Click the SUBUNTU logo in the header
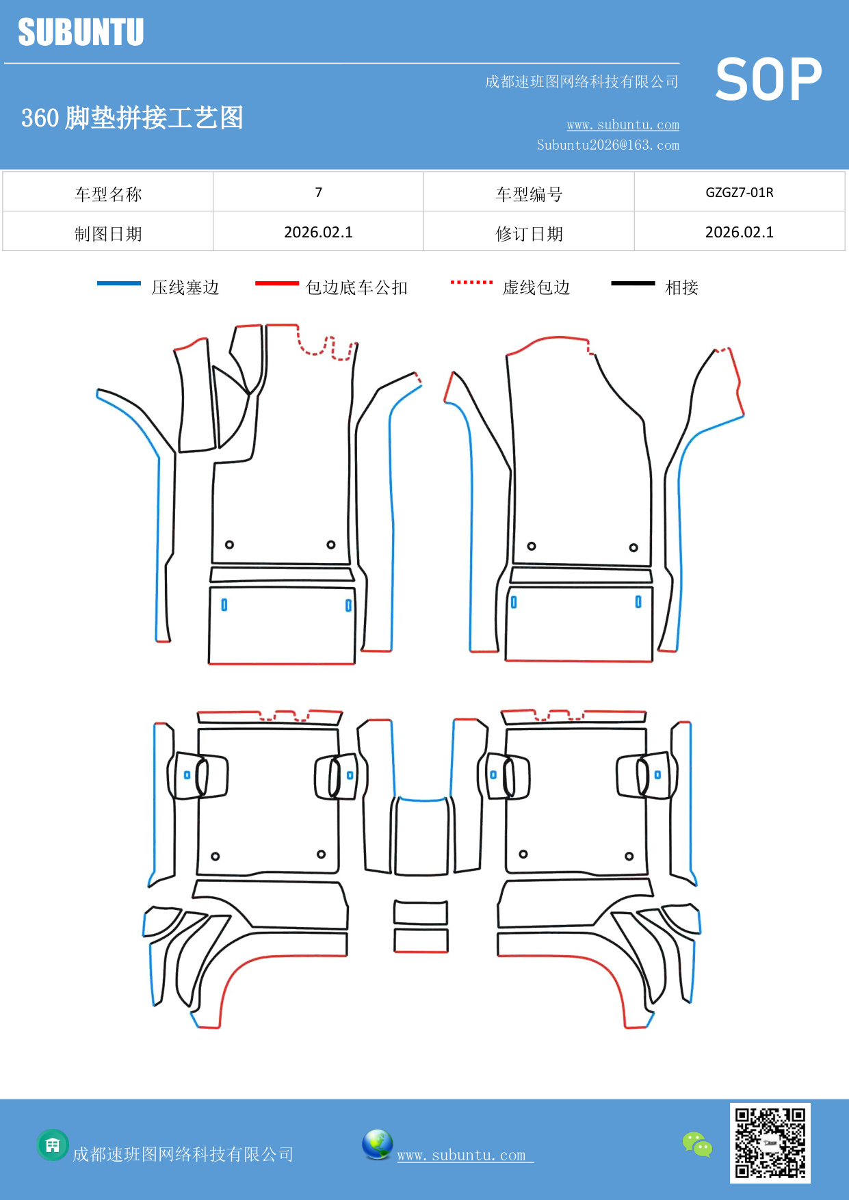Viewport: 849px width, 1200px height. click(x=81, y=32)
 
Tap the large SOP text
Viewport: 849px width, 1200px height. click(x=768, y=79)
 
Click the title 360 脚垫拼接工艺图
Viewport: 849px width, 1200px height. click(x=132, y=118)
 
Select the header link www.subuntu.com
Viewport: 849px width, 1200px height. click(x=623, y=125)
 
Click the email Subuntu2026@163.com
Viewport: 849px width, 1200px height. click(x=608, y=145)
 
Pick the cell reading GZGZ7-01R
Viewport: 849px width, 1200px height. click(x=739, y=192)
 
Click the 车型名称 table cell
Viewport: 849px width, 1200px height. click(x=108, y=194)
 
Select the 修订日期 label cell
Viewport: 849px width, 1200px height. click(x=529, y=234)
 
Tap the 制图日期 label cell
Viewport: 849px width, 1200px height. click(x=108, y=234)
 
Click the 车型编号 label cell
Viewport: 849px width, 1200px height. click(x=529, y=194)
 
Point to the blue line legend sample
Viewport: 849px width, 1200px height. click(x=119, y=283)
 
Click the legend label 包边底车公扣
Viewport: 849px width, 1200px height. click(x=356, y=287)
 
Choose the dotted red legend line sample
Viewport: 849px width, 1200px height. click(x=471, y=282)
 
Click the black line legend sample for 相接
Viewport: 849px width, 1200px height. click(x=633, y=283)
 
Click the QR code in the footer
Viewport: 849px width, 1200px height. click(x=770, y=1143)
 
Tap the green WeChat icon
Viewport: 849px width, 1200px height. click(x=697, y=1144)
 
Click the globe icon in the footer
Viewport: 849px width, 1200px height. click(x=377, y=1144)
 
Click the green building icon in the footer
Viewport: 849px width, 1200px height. click(x=53, y=1145)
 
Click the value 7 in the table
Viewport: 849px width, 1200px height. click(x=318, y=192)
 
